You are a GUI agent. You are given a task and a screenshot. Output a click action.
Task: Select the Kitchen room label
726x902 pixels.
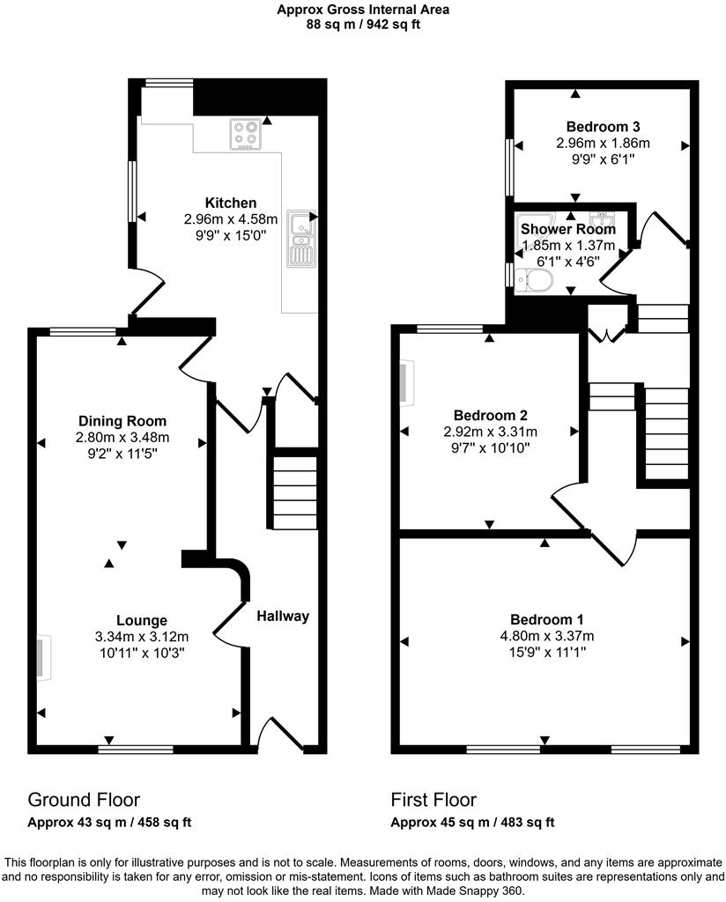tap(231, 203)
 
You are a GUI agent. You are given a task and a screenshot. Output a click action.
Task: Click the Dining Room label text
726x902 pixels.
tap(122, 421)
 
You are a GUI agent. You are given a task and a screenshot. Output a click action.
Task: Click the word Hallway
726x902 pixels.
tap(283, 616)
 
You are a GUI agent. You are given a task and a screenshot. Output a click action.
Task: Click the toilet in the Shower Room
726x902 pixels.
tap(535, 280)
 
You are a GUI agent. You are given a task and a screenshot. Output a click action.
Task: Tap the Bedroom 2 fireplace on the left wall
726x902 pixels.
tap(404, 384)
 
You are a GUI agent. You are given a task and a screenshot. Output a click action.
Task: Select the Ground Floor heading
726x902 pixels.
tap(84, 800)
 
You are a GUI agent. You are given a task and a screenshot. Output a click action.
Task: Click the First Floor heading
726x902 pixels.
tap(433, 800)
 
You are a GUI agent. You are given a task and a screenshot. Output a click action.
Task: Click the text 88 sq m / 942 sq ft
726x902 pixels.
tap(362, 26)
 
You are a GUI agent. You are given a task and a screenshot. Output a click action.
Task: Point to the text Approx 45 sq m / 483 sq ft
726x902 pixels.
tap(473, 823)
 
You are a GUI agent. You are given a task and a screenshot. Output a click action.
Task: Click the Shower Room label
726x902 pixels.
tap(568, 229)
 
